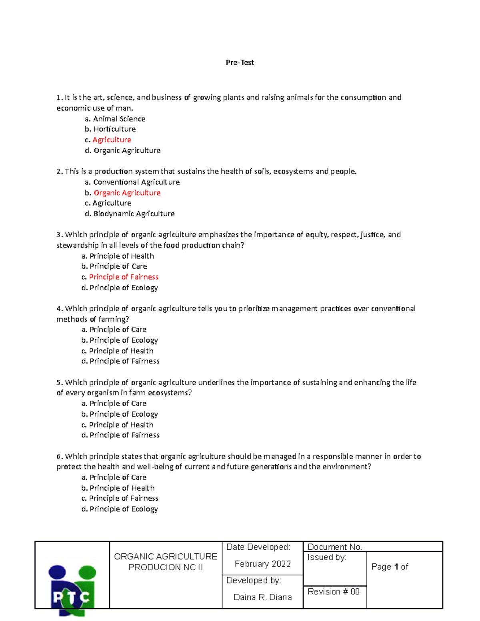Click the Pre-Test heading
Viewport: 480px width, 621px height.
pos(240,62)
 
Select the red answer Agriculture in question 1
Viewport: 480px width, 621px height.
pos(112,140)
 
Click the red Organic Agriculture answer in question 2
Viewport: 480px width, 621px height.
pos(127,193)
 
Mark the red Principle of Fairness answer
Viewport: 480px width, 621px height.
pos(124,277)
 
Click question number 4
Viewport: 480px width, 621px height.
pos(60,309)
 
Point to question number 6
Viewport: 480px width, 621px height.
pos(60,457)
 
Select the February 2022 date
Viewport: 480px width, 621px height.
pos(262,564)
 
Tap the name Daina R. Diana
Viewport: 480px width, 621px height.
pos(262,597)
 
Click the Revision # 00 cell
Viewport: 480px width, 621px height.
pos(334,591)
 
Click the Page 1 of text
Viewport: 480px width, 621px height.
pos(390,567)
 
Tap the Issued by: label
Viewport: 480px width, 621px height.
pos(327,557)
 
